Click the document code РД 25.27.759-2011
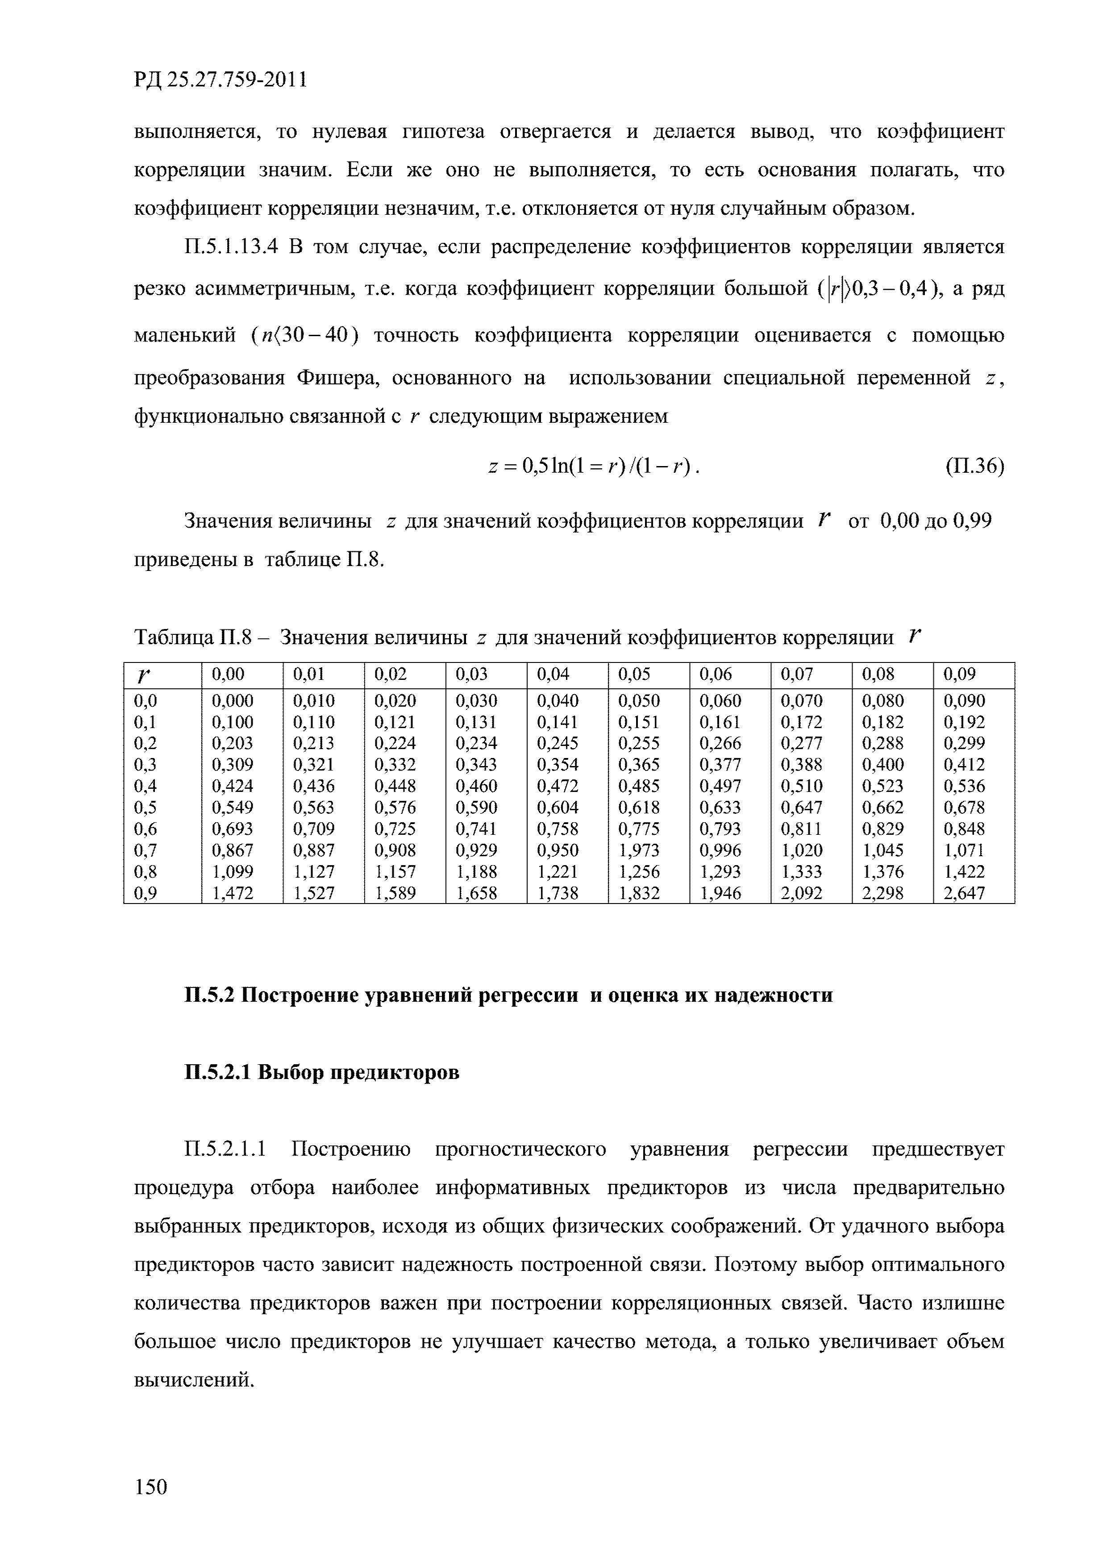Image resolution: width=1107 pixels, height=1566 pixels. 221,80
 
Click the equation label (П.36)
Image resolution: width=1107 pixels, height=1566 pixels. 975,466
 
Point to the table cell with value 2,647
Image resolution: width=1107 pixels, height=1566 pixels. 964,893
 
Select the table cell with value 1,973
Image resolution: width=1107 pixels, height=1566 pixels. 638,850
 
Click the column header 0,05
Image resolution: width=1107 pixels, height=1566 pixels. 638,675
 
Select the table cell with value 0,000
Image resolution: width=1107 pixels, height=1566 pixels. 233,700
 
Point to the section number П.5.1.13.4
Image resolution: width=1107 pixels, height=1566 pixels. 232,247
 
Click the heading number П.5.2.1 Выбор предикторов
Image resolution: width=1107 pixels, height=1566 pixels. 217,1073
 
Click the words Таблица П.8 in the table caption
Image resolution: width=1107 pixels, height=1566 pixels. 194,638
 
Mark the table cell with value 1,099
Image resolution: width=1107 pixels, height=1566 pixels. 233,872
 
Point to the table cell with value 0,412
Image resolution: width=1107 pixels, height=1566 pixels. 964,765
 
